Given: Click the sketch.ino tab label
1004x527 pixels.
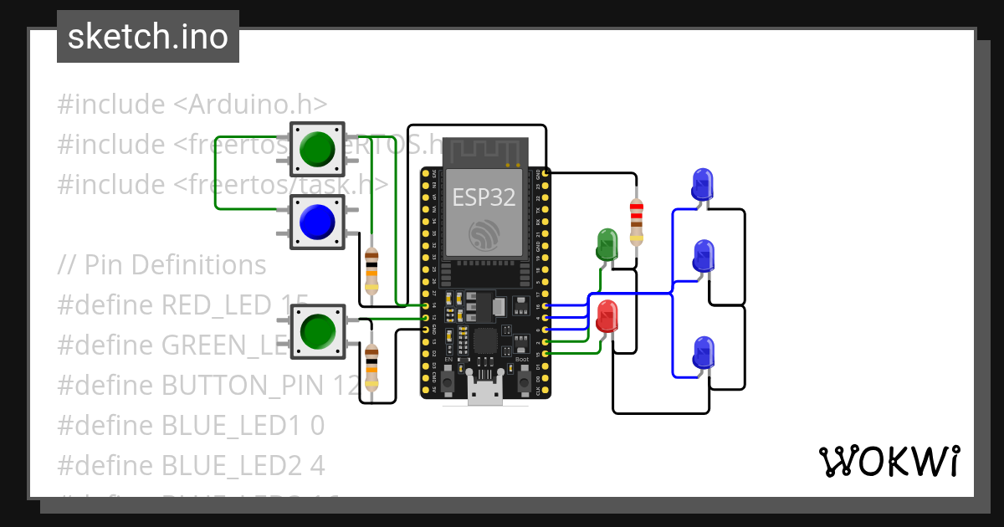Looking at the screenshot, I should pos(148,37).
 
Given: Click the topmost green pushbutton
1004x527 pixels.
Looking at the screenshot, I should pos(316,150).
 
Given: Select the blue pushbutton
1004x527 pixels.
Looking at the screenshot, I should pos(316,221).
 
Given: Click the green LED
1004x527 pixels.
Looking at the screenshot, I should pos(607,245).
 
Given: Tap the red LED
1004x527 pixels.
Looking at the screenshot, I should pos(607,317).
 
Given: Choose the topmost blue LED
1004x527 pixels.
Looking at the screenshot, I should pos(703,183).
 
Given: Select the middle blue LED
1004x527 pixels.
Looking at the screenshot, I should pos(703,256).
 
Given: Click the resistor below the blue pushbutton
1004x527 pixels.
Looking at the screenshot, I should pos(371,269).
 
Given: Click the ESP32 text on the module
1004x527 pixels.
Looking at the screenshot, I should pos(484,197).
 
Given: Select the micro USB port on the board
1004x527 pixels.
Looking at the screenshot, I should pos(485,393).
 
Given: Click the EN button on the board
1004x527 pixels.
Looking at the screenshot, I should pos(448,381).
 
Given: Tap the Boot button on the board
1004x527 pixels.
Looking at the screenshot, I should pos(522,381).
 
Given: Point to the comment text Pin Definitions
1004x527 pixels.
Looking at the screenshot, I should pos(175,265).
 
